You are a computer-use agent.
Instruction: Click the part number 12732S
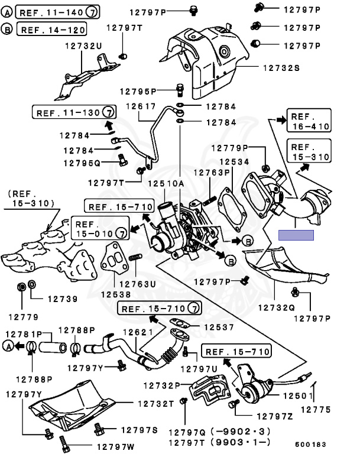tap(281, 68)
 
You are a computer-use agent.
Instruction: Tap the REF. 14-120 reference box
tap(52, 29)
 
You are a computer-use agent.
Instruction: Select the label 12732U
tap(83, 46)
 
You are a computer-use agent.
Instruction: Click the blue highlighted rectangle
tap(296, 235)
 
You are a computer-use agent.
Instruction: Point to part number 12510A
tap(166, 184)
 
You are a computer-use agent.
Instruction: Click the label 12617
tap(141, 106)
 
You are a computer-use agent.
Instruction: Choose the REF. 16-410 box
tap(309, 121)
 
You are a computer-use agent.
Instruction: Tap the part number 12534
tap(234, 162)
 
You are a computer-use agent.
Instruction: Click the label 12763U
tap(138, 284)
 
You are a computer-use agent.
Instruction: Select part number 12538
tap(116, 294)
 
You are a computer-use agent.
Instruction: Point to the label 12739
tap(63, 299)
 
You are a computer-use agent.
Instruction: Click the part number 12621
tap(138, 332)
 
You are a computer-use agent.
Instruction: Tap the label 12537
tap(219, 327)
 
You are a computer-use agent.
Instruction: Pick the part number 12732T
tap(156, 404)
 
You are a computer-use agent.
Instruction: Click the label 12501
tap(298, 396)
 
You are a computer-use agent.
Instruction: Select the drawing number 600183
tap(310, 445)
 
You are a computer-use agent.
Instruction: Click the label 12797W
tap(115, 447)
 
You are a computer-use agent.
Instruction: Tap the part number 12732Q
tap(276, 307)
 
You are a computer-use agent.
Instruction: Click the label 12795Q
tap(82, 163)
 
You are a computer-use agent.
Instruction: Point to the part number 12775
tap(316, 410)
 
